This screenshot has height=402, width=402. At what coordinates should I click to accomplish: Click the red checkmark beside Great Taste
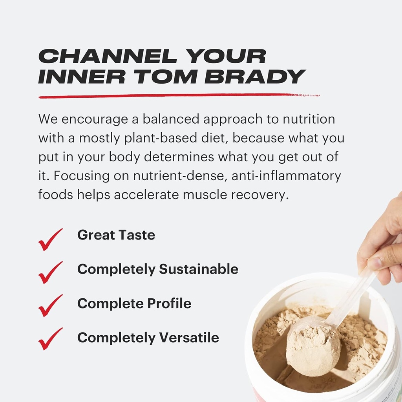point(50,239)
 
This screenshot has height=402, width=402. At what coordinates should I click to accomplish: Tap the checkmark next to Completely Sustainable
point(50,272)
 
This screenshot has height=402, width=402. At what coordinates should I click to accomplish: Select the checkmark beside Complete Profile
point(50,305)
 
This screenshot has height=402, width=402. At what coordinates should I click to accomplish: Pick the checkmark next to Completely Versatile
point(50,339)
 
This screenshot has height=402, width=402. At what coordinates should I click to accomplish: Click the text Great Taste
point(116,235)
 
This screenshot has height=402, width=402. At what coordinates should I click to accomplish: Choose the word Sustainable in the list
point(198,269)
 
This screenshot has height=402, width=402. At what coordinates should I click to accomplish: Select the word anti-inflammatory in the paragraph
point(286,176)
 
